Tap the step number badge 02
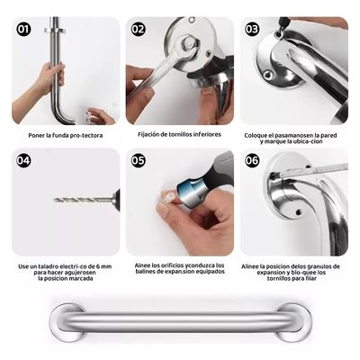point(138,29)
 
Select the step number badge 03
point(253,29)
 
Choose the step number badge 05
point(138,161)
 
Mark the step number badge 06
point(253,161)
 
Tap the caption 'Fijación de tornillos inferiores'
point(179,135)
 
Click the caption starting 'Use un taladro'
point(64,271)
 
